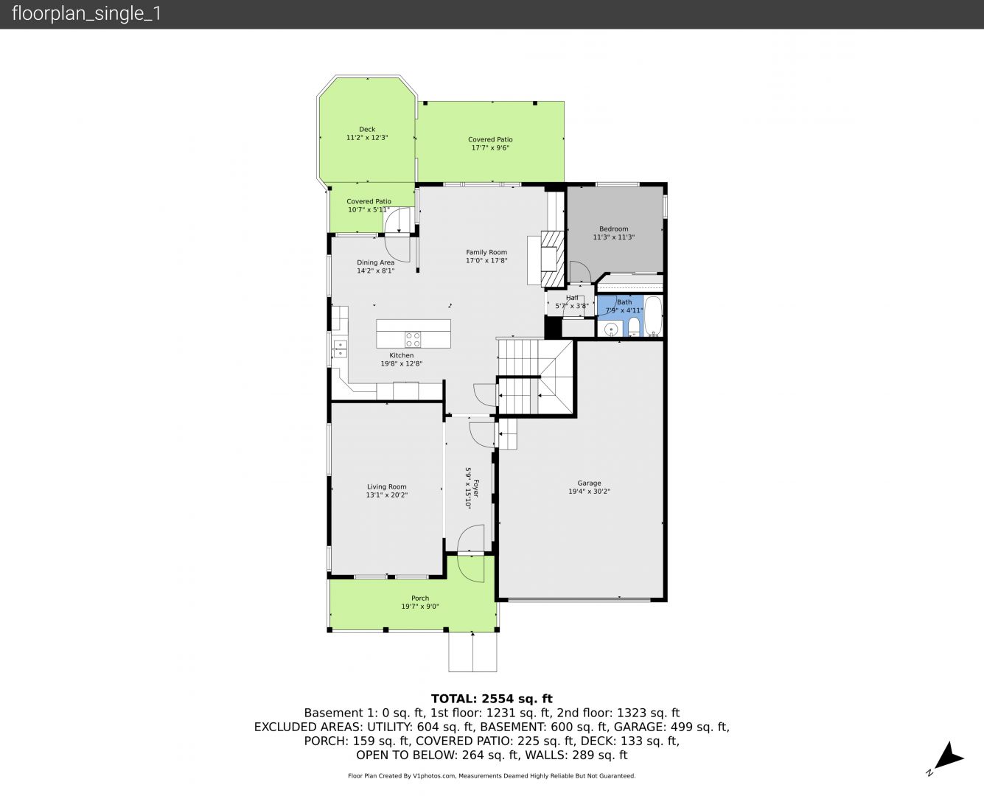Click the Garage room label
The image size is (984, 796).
click(589, 483)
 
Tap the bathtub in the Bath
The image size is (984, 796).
click(653, 316)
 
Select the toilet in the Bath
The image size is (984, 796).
click(633, 327)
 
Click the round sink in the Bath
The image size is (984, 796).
click(611, 329)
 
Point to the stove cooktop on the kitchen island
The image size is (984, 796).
click(413, 340)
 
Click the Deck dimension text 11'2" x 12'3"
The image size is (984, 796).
click(367, 138)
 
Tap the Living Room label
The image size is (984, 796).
click(387, 486)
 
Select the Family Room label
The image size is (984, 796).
click(486, 252)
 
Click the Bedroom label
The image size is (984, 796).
click(613, 228)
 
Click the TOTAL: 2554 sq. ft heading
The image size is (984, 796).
click(492, 699)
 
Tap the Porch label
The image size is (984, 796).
click(420, 598)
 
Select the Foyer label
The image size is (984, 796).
click(476, 489)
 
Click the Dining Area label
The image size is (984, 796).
click(376, 262)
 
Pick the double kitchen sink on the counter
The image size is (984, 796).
click(340, 349)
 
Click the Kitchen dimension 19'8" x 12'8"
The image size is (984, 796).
click(402, 363)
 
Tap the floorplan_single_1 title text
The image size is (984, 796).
click(86, 14)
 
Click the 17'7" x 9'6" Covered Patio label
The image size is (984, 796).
click(490, 148)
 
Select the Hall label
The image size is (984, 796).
click(572, 298)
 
